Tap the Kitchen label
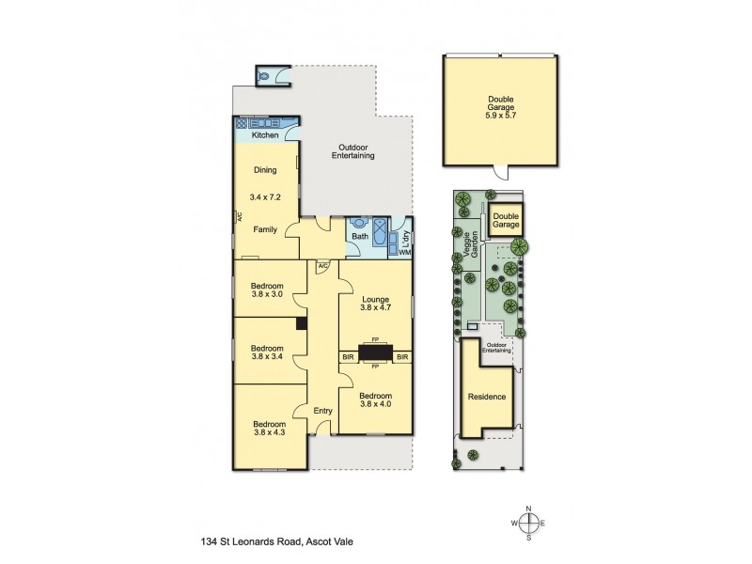[x=265, y=136]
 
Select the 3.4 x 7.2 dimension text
[x=265, y=198]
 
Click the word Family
[x=264, y=228]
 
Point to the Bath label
[x=359, y=236]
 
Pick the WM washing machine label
[x=405, y=252]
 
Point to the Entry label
[x=323, y=411]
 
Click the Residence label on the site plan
[x=487, y=397]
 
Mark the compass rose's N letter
[x=529, y=508]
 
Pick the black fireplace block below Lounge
[x=374, y=352]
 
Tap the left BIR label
[x=348, y=357]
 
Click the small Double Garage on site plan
[x=507, y=221]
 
